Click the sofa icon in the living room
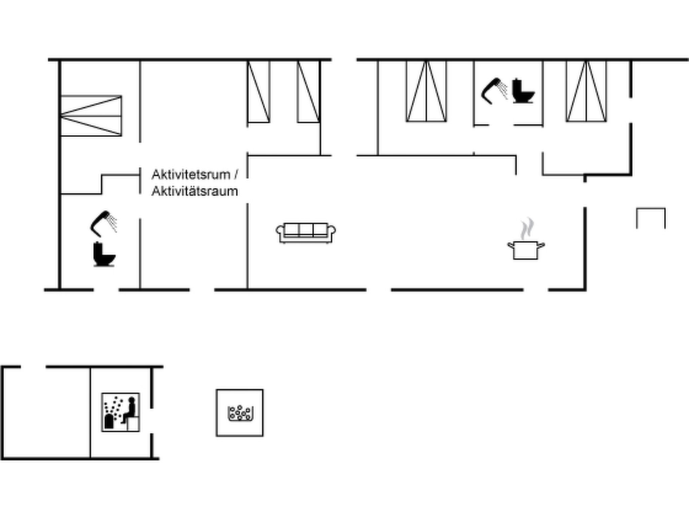click(x=305, y=233)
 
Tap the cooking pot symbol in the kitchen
click(x=526, y=250)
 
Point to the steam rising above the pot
click(x=527, y=229)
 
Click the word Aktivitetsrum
click(x=191, y=175)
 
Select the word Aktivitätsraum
click(x=194, y=191)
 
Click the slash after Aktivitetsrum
click(x=236, y=175)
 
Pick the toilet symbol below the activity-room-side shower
click(x=104, y=254)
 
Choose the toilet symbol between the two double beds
click(x=523, y=91)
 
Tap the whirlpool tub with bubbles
click(x=240, y=413)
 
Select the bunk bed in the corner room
click(x=91, y=116)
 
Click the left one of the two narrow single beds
click(x=258, y=91)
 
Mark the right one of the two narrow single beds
click(x=309, y=91)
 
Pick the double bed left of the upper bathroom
click(x=426, y=91)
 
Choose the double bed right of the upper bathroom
click(x=586, y=91)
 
